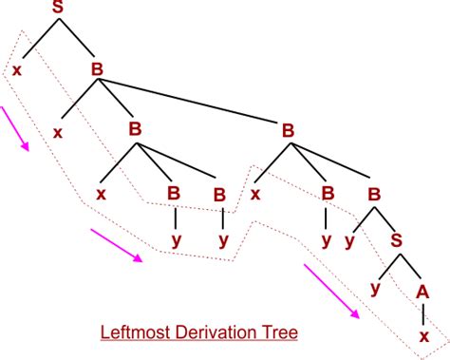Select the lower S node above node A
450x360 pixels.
pyautogui.click(x=397, y=240)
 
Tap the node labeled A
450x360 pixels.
pyautogui.click(x=423, y=291)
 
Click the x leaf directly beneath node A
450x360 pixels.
pyautogui.click(x=423, y=335)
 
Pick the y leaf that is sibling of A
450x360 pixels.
pyautogui.click(x=376, y=287)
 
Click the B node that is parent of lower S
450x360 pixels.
pyautogui.click(x=374, y=194)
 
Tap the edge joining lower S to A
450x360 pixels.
pyautogui.click(x=411, y=266)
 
